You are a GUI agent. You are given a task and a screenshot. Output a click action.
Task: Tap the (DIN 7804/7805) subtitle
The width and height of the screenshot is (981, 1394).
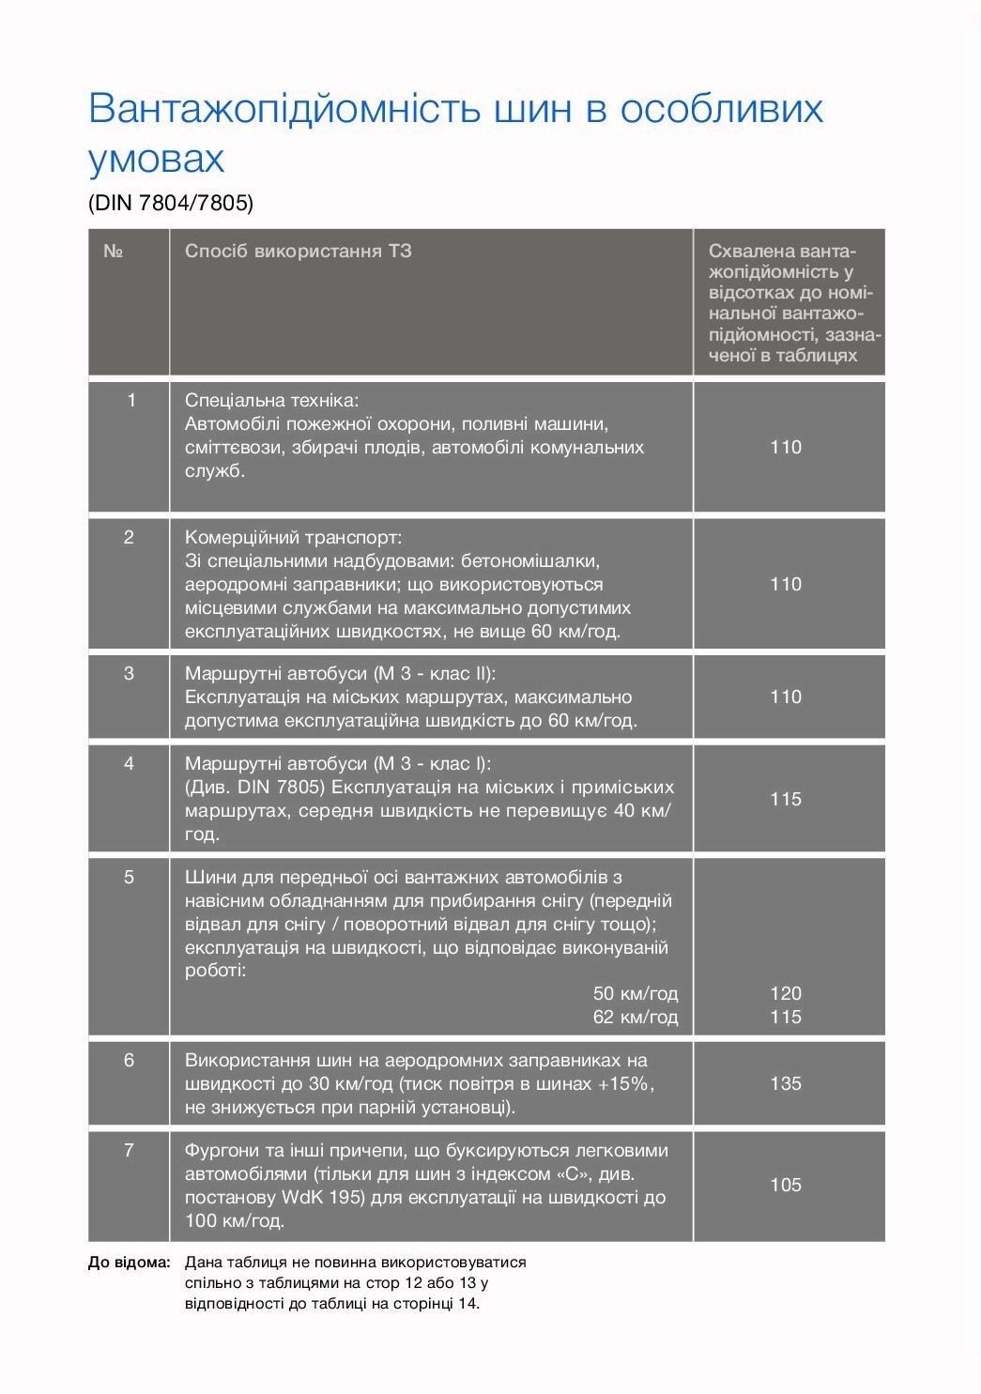click(x=171, y=203)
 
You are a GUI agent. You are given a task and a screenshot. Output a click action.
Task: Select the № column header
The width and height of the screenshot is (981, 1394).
click(x=113, y=252)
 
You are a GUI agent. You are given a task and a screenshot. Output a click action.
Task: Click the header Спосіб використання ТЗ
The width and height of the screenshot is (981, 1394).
click(x=299, y=252)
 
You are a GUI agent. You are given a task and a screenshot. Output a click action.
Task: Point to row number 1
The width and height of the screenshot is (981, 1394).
click(x=130, y=401)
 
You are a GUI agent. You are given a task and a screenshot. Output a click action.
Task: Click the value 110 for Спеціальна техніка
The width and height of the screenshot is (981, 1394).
click(x=786, y=448)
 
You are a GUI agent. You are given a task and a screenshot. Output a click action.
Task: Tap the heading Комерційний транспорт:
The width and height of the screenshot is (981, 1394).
click(x=293, y=538)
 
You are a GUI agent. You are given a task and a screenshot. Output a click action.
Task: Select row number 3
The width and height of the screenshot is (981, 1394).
click(x=129, y=674)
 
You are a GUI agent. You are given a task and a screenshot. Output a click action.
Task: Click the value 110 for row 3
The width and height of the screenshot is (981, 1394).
click(x=786, y=697)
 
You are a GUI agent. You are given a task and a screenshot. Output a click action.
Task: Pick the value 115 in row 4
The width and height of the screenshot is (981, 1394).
click(x=786, y=800)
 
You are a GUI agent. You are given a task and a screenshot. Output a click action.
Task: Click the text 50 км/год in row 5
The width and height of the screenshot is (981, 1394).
click(x=636, y=994)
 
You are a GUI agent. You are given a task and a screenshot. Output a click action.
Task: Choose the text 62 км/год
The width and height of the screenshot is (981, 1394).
click(x=636, y=1018)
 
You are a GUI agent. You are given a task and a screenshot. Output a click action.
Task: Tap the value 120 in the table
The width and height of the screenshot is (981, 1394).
click(x=786, y=994)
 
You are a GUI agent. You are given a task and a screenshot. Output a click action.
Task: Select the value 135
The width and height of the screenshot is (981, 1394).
click(x=786, y=1084)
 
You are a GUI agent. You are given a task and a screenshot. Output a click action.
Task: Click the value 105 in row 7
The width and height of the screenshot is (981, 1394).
click(x=786, y=1186)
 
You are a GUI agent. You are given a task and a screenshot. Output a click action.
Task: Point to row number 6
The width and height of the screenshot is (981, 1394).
click(x=129, y=1061)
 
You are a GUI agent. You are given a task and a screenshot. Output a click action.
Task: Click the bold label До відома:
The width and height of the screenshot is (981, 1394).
click(x=130, y=1264)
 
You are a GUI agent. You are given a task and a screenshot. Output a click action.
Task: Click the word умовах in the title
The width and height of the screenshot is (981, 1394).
click(x=157, y=160)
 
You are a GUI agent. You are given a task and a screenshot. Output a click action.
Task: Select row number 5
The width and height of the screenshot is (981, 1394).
click(x=129, y=878)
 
